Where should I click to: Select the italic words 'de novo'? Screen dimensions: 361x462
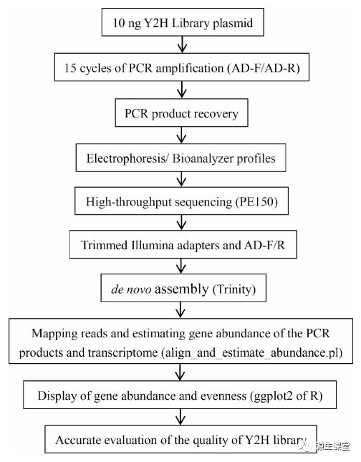pyautogui.click(x=131, y=289)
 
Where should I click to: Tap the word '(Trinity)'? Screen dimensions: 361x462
pyautogui.click(x=234, y=289)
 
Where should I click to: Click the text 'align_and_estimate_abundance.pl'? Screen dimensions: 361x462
pyautogui.click(x=252, y=352)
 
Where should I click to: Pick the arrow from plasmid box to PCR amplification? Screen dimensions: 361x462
pyautogui.click(x=183, y=44)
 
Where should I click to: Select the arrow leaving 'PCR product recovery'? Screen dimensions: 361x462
pyautogui.click(x=181, y=135)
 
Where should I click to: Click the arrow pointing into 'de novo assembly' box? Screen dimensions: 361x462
pyautogui.click(x=181, y=266)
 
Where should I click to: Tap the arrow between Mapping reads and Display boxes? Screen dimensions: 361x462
pyautogui.click(x=180, y=372)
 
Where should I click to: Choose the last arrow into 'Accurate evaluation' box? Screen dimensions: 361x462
pyautogui.click(x=180, y=417)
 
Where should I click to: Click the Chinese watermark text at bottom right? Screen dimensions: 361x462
pyautogui.click(x=333, y=446)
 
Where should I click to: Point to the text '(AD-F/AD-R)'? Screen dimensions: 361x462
pyautogui.click(x=263, y=68)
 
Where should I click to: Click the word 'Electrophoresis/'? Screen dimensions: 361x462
pyautogui.click(x=127, y=158)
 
